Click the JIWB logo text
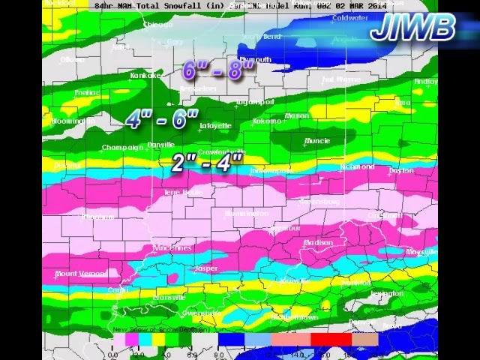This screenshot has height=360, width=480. [x=413, y=28]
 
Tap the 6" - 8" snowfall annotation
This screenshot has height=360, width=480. [x=219, y=70]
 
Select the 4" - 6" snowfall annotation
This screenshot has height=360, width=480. [x=162, y=119]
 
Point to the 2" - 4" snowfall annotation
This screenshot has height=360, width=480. [x=207, y=162]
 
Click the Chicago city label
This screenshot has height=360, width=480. [x=157, y=25]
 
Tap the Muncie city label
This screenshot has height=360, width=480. [x=316, y=141]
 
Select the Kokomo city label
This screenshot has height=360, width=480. [x=266, y=121]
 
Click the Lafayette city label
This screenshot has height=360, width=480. [x=215, y=126]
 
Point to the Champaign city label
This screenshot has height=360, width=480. [x=122, y=148]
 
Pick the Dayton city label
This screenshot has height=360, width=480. [x=401, y=171]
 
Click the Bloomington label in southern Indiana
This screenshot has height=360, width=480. [x=246, y=214]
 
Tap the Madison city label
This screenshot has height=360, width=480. [x=318, y=243]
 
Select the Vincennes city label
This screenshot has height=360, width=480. [x=172, y=248]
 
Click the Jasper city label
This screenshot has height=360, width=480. [x=205, y=268]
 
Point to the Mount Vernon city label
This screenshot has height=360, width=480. [x=80, y=274]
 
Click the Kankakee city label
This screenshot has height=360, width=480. [x=147, y=76]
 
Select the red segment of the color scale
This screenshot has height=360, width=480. [x=331, y=340]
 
